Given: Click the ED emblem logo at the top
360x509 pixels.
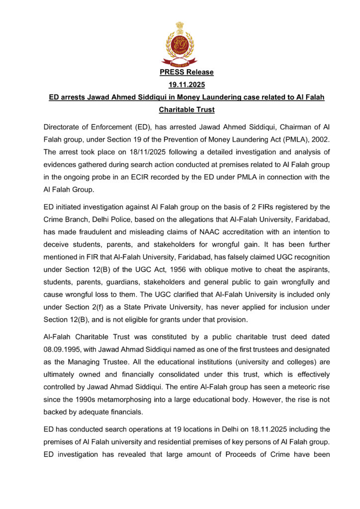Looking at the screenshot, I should click(x=180, y=44).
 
